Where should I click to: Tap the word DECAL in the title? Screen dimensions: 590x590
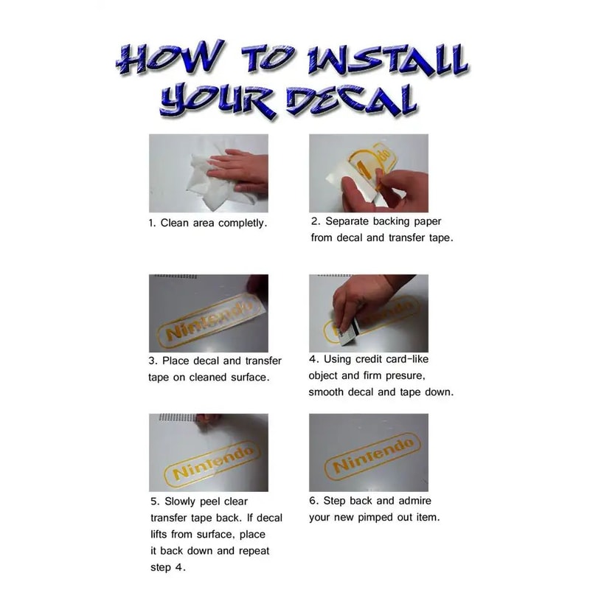pyautogui.click(x=352, y=101)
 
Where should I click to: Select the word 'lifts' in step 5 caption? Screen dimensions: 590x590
pyautogui.click(x=159, y=534)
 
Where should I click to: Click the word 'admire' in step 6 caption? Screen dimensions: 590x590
pyautogui.click(x=414, y=501)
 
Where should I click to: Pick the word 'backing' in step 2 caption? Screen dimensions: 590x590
pyautogui.click(x=392, y=222)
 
